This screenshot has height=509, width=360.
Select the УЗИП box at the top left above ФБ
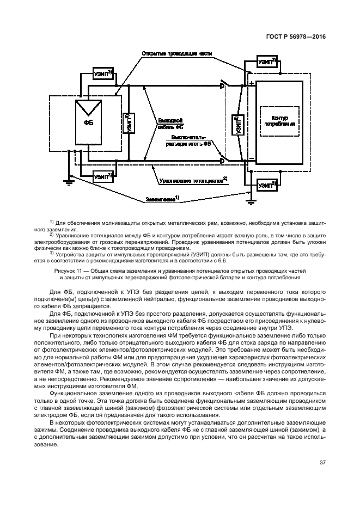[x=102, y=74]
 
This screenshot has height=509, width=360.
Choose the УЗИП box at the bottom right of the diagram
[x=267, y=186]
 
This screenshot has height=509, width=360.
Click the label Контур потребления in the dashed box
[x=280, y=121]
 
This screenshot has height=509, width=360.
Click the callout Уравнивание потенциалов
[x=192, y=179]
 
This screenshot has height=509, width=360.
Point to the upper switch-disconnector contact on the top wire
[x=224, y=85]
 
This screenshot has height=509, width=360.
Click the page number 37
[x=322, y=463]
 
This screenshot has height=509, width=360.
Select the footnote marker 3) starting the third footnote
[x=52, y=253]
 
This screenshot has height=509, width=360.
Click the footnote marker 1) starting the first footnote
[x=52, y=222]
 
